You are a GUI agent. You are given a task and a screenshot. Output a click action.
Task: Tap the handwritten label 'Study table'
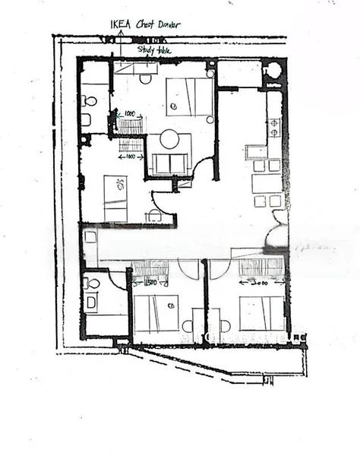(154, 50)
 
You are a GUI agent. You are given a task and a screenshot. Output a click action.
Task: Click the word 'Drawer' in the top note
(168, 24)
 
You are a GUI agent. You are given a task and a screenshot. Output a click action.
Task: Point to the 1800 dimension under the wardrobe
(131, 156)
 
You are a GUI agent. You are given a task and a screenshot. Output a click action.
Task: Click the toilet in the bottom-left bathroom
(93, 283)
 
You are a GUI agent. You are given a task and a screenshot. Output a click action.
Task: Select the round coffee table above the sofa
(169, 139)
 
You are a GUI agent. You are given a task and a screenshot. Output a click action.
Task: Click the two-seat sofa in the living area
(169, 163)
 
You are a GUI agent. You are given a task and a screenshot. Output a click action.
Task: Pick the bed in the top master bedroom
(190, 97)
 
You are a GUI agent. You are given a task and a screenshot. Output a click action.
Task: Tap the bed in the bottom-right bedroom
(262, 312)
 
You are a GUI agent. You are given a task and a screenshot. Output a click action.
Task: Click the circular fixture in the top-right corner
(273, 70)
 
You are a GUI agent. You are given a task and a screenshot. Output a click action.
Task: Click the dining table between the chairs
(267, 183)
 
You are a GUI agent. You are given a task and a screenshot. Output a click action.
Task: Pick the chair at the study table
(146, 79)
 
